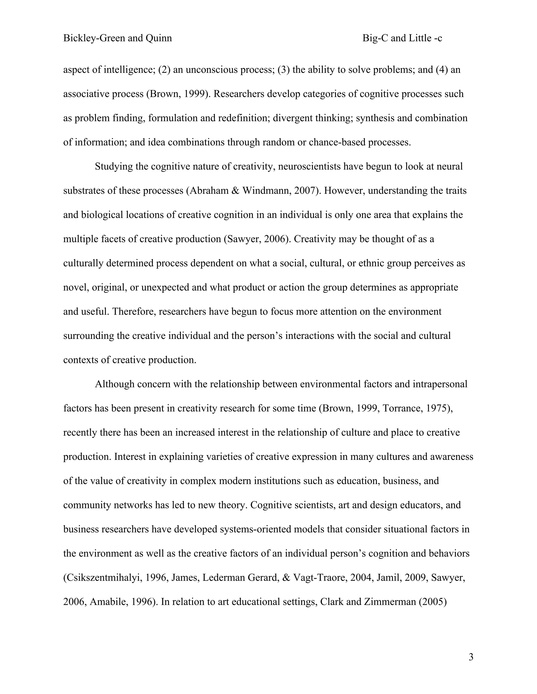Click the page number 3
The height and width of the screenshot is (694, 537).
click(471, 657)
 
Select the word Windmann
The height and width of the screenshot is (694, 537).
click(265, 191)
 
